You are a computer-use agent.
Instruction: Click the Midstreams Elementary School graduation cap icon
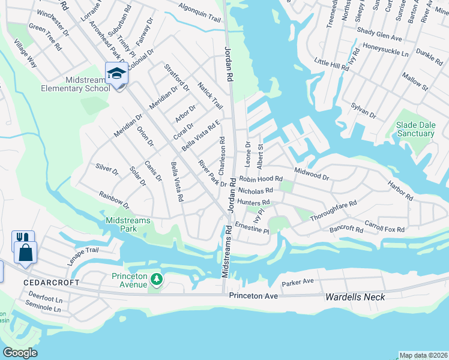(x=116, y=74)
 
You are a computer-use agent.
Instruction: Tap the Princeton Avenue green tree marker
(x=157, y=279)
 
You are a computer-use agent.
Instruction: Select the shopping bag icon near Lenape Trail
(x=26, y=253)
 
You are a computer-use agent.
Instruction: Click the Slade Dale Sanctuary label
(x=415, y=129)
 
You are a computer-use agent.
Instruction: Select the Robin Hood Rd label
(x=261, y=179)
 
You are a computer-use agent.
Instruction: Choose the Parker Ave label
(x=298, y=281)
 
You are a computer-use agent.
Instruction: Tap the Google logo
(x=20, y=353)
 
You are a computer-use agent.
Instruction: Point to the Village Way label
(x=26, y=52)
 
